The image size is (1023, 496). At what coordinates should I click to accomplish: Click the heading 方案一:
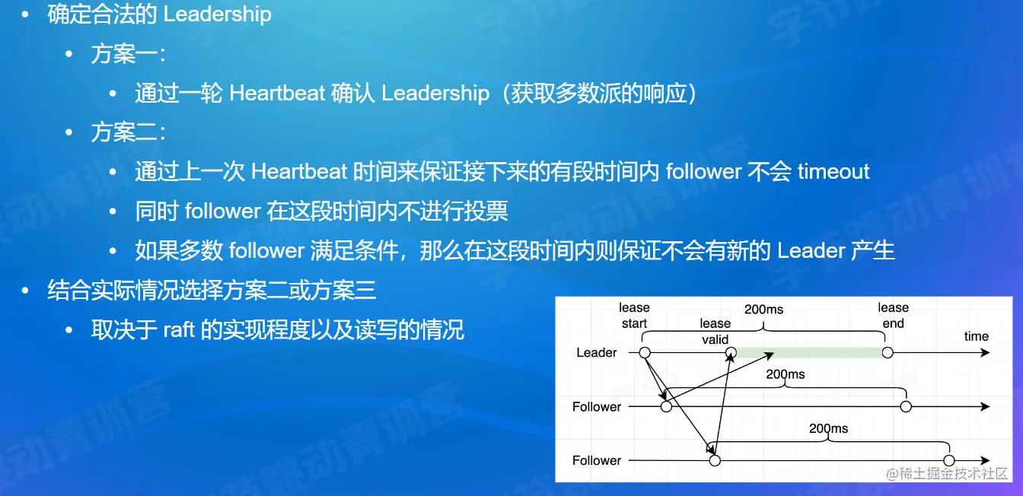point(129,54)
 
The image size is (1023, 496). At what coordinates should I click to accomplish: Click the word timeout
point(833,172)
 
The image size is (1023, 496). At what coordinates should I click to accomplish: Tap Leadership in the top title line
point(218,14)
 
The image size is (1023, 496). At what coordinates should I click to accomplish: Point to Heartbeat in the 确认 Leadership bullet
point(277,93)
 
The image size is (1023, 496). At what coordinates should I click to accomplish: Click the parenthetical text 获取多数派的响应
point(599,93)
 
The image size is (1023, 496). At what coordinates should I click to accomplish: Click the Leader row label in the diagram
point(597,352)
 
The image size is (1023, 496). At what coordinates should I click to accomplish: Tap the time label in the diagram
point(977,336)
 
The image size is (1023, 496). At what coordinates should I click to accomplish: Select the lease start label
point(634,315)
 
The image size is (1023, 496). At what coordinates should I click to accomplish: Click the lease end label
point(894,315)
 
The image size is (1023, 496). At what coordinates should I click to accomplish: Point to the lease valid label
point(715,331)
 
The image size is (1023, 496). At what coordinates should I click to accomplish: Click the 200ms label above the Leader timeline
point(763,310)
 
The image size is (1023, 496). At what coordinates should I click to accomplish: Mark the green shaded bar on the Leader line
point(809,352)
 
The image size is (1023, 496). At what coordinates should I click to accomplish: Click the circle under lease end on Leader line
point(888,353)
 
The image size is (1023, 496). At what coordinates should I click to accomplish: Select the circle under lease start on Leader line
point(645,353)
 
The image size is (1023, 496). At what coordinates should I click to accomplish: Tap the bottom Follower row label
point(597,460)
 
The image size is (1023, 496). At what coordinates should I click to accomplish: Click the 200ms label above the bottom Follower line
point(828,428)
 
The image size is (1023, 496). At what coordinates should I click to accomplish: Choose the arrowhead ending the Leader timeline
point(985,353)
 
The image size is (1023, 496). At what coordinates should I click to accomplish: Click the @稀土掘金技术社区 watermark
point(947,474)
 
